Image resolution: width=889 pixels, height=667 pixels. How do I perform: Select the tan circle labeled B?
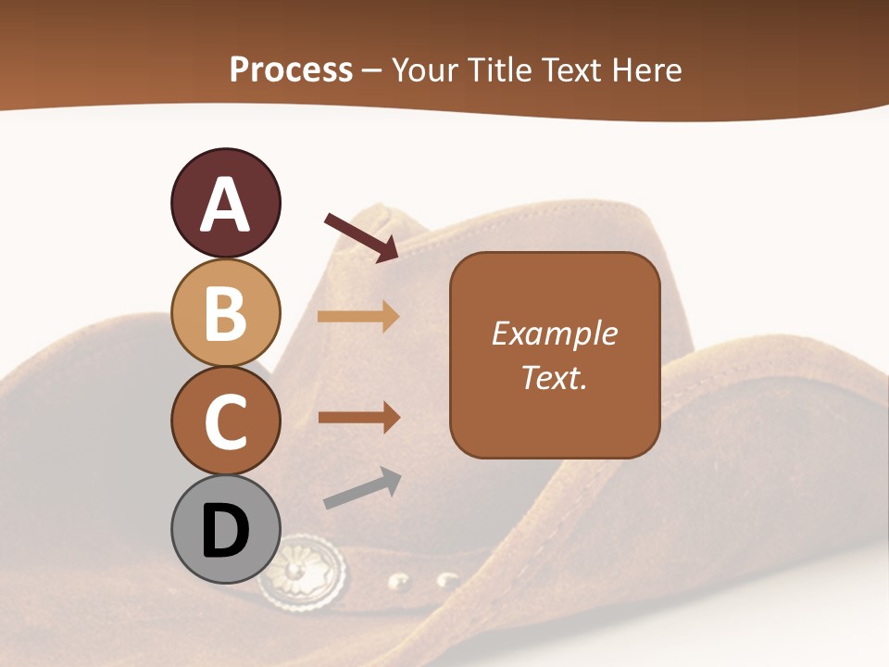point(225,312)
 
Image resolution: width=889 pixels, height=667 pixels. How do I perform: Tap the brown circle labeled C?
point(225,422)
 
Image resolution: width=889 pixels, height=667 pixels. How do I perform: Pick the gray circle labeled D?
point(225,531)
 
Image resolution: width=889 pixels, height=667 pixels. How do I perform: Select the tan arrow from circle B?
point(358,317)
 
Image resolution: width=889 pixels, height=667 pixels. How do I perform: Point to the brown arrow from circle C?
point(359,417)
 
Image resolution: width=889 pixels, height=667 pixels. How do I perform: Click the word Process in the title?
point(291,70)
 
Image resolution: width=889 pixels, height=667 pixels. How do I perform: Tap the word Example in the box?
point(554,333)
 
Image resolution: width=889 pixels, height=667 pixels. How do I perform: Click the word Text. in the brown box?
point(554,378)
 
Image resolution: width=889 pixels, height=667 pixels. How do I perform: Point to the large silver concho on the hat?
point(303,571)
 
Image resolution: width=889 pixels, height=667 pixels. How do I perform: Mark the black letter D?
point(225,532)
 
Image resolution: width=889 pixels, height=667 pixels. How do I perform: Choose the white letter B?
point(225,313)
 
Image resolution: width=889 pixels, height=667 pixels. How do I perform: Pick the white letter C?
point(225,422)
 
